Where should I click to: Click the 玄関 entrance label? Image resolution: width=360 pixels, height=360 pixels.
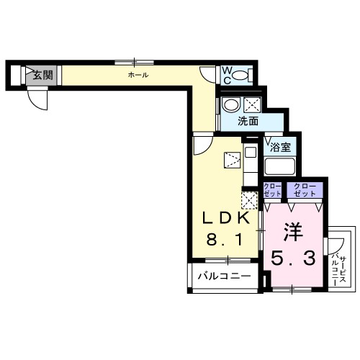(42, 74)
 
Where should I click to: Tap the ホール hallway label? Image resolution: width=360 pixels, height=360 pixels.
(139, 75)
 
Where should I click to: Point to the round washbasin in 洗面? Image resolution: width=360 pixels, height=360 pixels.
(231, 105)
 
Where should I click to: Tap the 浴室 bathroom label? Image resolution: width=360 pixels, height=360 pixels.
(281, 147)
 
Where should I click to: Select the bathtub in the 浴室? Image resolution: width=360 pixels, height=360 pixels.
(281, 168)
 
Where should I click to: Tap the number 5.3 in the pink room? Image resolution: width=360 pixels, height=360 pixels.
(292, 257)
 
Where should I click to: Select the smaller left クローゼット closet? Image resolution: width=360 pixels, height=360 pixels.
(272, 191)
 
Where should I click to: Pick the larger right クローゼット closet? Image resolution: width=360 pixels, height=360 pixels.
(304, 191)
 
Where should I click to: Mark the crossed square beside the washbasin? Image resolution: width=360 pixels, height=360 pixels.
(251, 104)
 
